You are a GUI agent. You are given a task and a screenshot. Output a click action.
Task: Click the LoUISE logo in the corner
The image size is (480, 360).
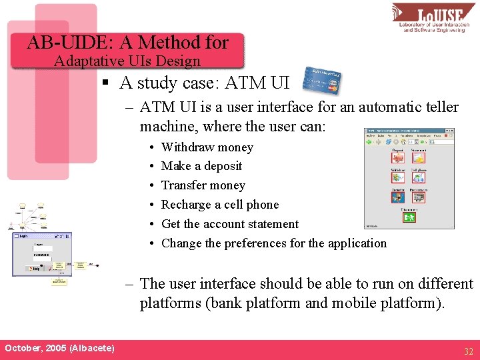433,18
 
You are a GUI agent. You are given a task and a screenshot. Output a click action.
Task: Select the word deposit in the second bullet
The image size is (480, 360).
222,167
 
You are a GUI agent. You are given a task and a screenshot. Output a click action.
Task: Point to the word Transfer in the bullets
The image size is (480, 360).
183,186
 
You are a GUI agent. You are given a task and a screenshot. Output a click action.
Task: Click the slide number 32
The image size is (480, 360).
468,351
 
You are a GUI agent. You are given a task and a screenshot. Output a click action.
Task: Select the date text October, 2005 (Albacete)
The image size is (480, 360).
59,349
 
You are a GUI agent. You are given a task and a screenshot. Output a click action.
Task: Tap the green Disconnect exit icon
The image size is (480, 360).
409,216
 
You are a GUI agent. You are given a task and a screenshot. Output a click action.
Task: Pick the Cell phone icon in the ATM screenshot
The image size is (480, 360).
419,177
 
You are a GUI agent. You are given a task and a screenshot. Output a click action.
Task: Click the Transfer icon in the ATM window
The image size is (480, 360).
397,196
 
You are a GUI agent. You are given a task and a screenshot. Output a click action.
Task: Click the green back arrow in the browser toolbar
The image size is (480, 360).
369,141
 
